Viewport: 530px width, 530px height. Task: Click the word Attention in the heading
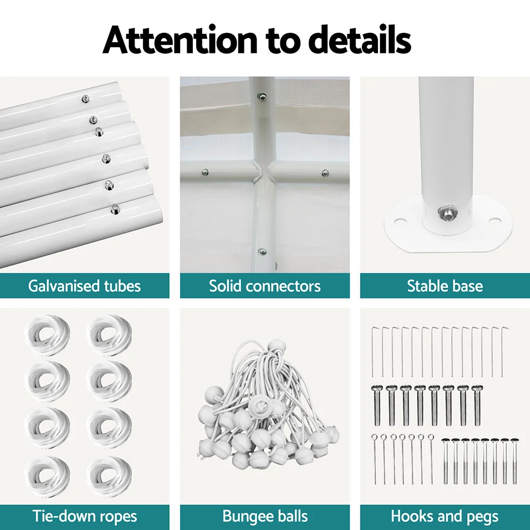(x=180, y=40)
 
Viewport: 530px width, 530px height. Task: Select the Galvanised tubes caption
(x=84, y=286)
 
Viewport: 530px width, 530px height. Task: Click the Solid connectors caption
(x=264, y=286)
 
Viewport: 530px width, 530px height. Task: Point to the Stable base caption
(x=445, y=286)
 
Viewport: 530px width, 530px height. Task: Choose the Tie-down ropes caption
(x=84, y=516)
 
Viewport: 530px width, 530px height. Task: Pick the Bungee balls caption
(x=265, y=516)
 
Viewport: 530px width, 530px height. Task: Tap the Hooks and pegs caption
(x=445, y=516)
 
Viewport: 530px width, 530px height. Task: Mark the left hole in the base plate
(x=400, y=222)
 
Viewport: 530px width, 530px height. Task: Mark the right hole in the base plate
(x=494, y=222)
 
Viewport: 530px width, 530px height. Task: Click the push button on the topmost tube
(x=86, y=99)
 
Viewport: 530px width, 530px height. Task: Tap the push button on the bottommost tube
(x=115, y=209)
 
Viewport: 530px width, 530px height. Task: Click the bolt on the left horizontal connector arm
(x=205, y=173)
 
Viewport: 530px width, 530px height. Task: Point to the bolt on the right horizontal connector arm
(x=325, y=173)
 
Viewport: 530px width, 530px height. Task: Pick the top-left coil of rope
(x=47, y=335)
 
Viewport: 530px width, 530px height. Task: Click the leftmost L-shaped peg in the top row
(x=373, y=351)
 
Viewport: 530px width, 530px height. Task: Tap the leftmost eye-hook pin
(x=375, y=459)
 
